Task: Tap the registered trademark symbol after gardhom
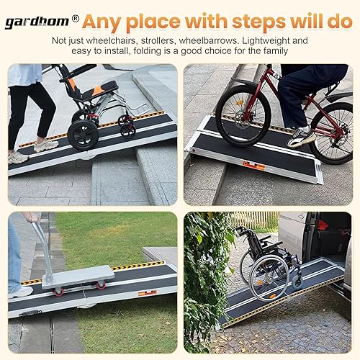pos(76,19)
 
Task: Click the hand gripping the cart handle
pos(31,217)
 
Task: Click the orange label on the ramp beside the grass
pos(147,292)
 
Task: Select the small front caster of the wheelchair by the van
pos(297,282)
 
